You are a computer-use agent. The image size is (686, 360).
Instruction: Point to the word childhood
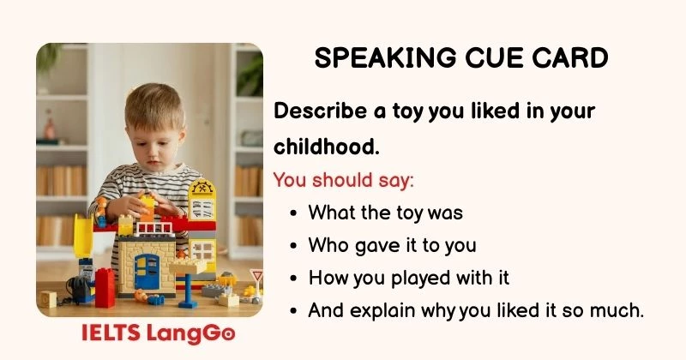coord(326,147)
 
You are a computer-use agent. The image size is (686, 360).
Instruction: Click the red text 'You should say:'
coord(343,180)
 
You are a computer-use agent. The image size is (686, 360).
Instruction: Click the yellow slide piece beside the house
coord(84,236)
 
